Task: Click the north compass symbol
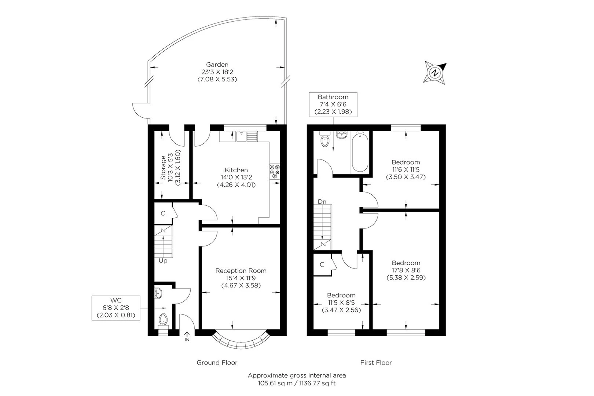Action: pos(435,73)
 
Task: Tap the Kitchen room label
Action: pos(236,170)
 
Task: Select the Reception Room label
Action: pos(241,271)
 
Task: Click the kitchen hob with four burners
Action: pos(275,171)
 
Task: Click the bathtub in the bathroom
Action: pos(360,152)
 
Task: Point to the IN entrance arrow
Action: pos(187,336)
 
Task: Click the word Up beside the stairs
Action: pos(163,261)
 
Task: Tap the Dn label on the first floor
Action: pos(322,202)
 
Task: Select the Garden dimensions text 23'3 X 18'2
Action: pos(217,72)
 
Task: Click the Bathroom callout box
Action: pos(333,104)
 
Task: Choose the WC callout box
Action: pos(116,308)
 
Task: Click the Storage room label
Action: pos(163,167)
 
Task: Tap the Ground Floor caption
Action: pos(217,363)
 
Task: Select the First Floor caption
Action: pos(376,363)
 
